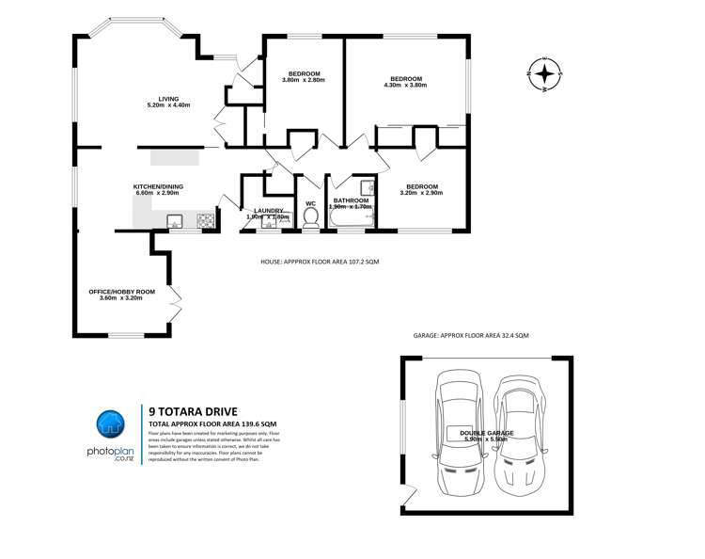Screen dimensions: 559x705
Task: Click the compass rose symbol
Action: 544,72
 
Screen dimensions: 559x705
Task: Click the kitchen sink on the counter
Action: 174,222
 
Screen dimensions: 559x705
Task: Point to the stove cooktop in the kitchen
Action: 205,222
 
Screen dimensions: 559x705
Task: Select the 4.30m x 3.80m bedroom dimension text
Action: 406,85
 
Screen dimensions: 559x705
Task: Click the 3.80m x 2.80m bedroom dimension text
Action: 303,80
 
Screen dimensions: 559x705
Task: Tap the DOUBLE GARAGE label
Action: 485,432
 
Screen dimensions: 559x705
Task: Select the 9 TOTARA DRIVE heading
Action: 193,410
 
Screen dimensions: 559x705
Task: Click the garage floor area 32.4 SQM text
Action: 471,336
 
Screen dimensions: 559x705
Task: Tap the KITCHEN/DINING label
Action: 156,187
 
